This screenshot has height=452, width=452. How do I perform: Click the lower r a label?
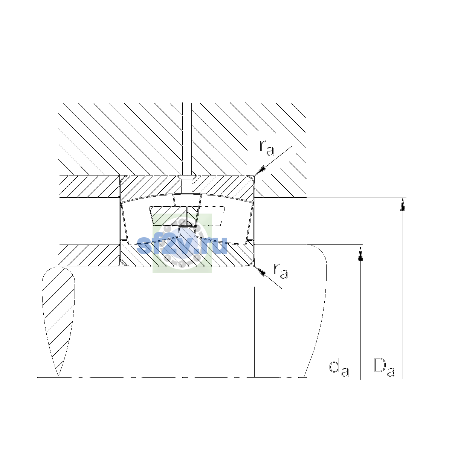281,271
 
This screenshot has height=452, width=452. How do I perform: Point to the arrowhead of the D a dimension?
403,204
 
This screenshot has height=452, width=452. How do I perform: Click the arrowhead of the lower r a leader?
260,271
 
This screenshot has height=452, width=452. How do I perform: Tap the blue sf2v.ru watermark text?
182,245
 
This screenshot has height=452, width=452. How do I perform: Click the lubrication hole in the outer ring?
187,186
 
